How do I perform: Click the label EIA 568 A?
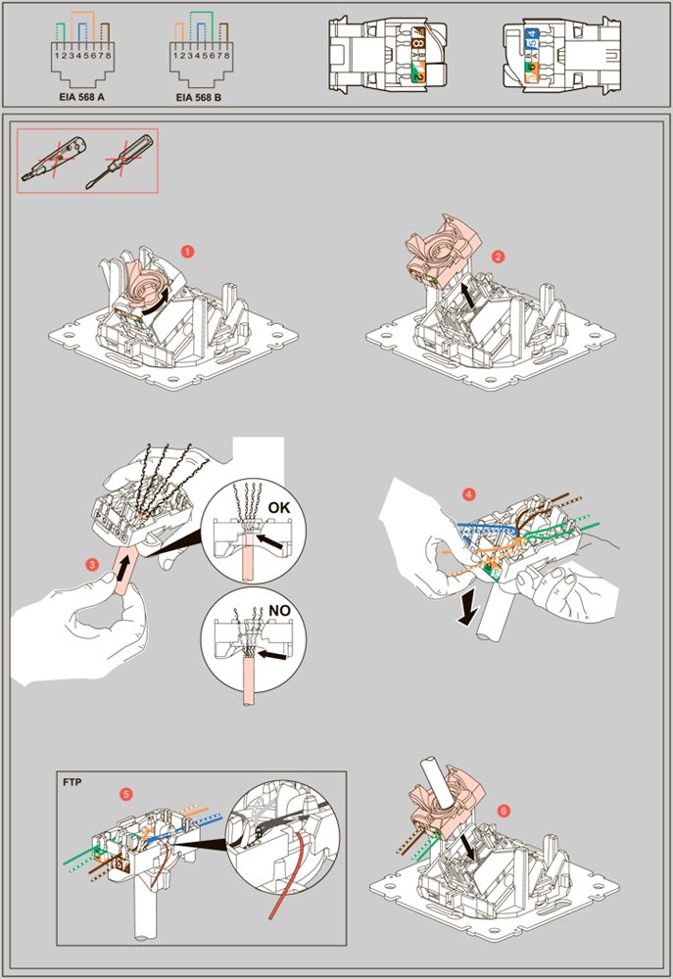(x=81, y=97)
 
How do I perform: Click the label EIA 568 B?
(x=199, y=97)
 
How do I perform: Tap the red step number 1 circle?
(x=187, y=252)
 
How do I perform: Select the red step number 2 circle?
(x=498, y=256)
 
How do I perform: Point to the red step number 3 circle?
(x=92, y=565)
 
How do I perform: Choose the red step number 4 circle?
(x=468, y=494)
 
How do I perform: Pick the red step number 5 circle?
(x=126, y=794)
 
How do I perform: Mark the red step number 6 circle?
(x=504, y=811)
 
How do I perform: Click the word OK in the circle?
(x=278, y=507)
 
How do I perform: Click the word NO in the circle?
(x=280, y=610)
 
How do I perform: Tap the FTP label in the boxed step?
(x=72, y=781)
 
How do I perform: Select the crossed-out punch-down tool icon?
(x=54, y=160)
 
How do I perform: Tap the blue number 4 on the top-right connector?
(x=531, y=35)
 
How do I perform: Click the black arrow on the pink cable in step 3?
(x=126, y=569)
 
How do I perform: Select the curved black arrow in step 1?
(x=158, y=302)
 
